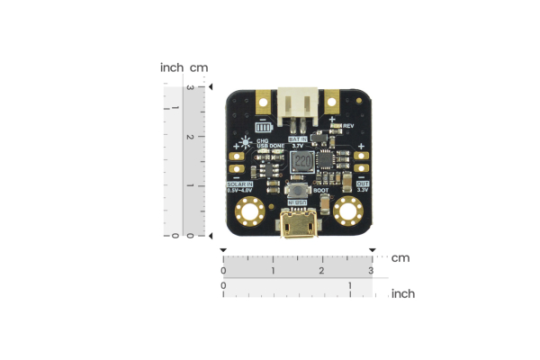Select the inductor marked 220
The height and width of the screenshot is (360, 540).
[302, 163]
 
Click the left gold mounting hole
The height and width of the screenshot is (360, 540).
[247, 212]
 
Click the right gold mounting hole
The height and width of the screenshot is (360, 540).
[348, 212]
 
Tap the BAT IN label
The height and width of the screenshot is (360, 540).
[298, 139]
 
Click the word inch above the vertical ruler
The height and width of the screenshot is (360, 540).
[172, 67]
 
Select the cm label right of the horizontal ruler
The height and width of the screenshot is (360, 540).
[400, 258]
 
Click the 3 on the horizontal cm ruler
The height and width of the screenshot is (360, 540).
[371, 271]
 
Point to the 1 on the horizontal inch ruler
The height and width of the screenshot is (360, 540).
[350, 286]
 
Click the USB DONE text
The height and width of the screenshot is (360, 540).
[270, 146]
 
